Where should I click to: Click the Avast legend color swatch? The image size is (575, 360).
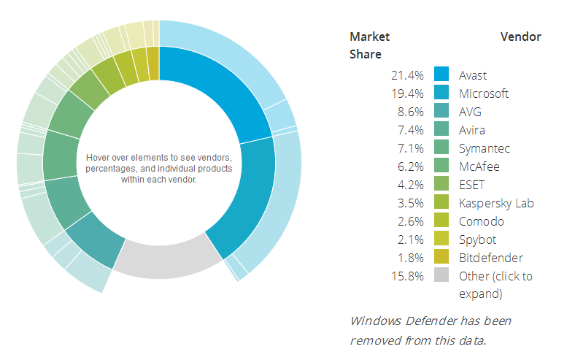[x=441, y=74]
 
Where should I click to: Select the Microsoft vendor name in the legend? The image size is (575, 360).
[x=484, y=93]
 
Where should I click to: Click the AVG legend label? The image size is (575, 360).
[x=470, y=112]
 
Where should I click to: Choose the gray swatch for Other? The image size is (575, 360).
[x=441, y=275]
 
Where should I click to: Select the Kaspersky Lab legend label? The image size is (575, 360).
[x=496, y=203]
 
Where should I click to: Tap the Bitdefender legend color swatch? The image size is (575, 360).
[x=441, y=257]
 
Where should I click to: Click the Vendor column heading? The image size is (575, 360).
[x=521, y=37]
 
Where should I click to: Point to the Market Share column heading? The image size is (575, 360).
[x=370, y=45]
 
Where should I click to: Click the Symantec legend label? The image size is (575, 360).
[x=485, y=148]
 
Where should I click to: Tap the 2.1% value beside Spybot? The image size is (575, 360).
[x=411, y=240]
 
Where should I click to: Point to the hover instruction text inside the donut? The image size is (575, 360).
[x=158, y=168]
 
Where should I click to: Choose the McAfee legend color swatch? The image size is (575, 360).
[x=441, y=166]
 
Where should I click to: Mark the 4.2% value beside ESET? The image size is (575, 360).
[x=411, y=185]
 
